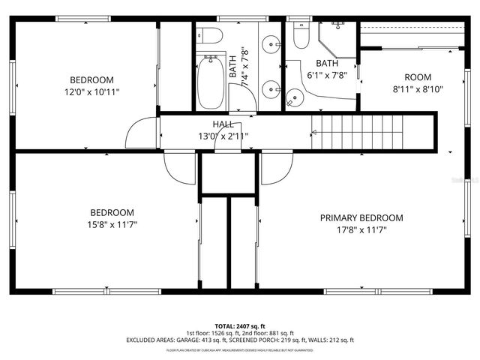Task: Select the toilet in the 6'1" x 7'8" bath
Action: click(x=301, y=34)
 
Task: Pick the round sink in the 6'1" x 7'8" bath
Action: click(x=295, y=96)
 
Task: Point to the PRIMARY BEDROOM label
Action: click(x=361, y=218)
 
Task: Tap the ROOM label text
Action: click(x=418, y=77)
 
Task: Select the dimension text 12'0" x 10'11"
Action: click(x=92, y=91)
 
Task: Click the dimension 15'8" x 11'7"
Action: click(x=112, y=223)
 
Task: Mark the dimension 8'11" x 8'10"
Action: click(x=418, y=88)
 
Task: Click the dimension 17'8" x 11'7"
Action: click(x=361, y=229)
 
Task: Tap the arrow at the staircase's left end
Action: click(x=316, y=133)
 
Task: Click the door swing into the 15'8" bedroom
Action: click(x=180, y=168)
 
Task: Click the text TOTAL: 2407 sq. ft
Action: click(x=240, y=326)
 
